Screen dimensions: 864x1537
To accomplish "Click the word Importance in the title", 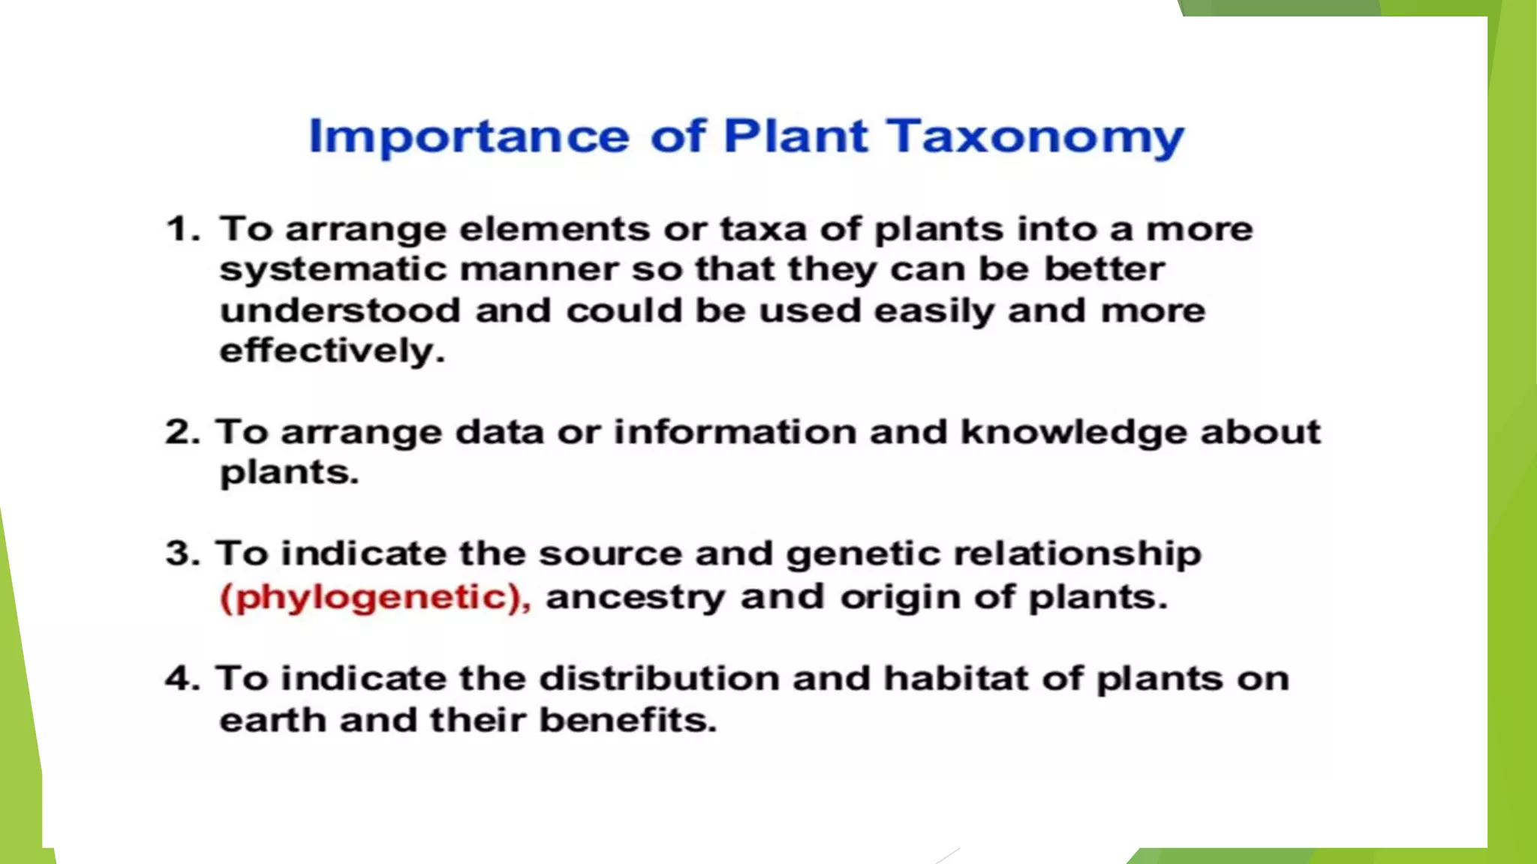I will point(469,137).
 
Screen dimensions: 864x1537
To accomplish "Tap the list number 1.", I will point(180,229).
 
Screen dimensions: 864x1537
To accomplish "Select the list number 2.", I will point(181,433).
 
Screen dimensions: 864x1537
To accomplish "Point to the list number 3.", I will point(181,554).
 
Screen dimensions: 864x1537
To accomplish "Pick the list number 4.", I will point(181,679).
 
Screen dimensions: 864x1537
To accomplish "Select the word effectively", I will point(331,351).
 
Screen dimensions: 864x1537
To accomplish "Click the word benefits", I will point(627,720).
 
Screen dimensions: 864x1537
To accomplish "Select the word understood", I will point(340,310).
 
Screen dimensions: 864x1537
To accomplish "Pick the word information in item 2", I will point(735,433).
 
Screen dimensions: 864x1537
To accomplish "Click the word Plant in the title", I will point(796,137).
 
